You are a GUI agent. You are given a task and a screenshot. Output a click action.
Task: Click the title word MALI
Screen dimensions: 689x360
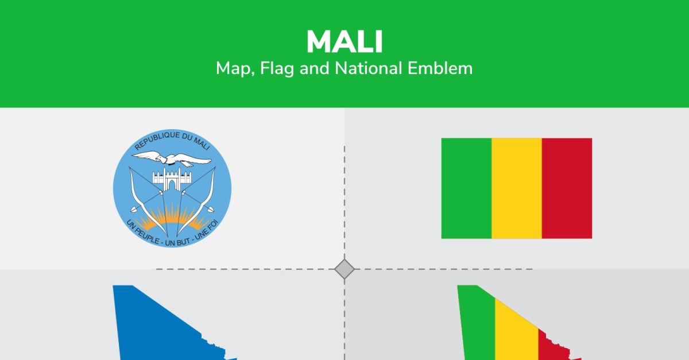344,41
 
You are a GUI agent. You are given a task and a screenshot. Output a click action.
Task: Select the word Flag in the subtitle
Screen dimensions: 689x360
277,69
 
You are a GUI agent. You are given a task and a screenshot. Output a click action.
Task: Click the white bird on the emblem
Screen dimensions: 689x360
172,158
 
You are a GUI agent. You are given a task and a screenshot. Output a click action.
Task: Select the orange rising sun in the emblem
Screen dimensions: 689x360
172,218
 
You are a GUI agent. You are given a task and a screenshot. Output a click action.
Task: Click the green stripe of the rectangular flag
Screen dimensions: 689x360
466,188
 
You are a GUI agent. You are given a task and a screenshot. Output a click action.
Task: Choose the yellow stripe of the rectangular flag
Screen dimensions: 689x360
517,188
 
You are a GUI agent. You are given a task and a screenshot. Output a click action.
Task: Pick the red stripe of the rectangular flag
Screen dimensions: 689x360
567,188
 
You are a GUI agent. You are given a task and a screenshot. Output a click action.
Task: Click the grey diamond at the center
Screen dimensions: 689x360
344,269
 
